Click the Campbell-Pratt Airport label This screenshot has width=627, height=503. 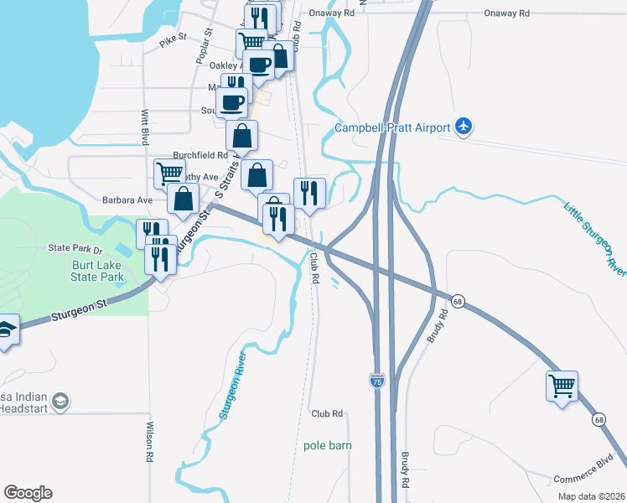click(392, 128)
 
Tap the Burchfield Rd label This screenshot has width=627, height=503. click(200, 155)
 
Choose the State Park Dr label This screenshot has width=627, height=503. click(75, 248)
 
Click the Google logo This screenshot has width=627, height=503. click(28, 492)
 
